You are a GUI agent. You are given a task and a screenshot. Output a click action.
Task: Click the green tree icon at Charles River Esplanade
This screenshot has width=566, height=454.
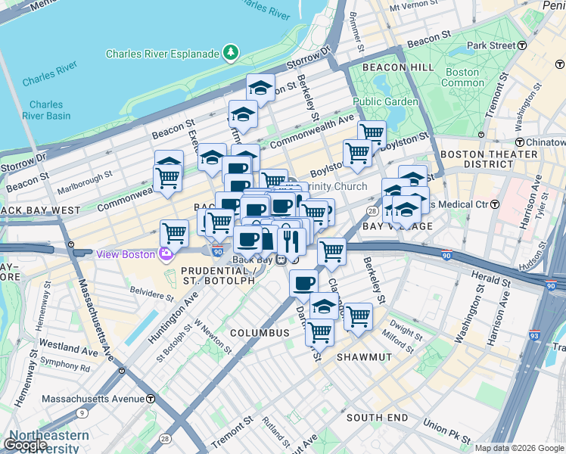(x=229, y=53)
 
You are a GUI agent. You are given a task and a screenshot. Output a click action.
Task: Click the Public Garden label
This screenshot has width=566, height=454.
(x=385, y=101)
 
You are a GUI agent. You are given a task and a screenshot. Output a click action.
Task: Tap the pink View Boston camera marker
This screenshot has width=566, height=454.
(x=164, y=254)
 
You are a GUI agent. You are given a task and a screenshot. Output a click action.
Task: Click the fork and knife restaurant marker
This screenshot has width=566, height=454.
(x=291, y=241)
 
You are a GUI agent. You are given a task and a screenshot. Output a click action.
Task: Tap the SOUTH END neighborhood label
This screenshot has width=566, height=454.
(x=372, y=418)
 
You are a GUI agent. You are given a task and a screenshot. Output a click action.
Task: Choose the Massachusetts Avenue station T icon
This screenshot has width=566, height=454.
(x=151, y=398)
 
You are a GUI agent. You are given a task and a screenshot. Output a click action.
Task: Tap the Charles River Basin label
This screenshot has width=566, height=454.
(x=47, y=110)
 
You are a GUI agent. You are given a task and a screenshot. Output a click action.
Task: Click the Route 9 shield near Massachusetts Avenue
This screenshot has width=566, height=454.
(x=81, y=413)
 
